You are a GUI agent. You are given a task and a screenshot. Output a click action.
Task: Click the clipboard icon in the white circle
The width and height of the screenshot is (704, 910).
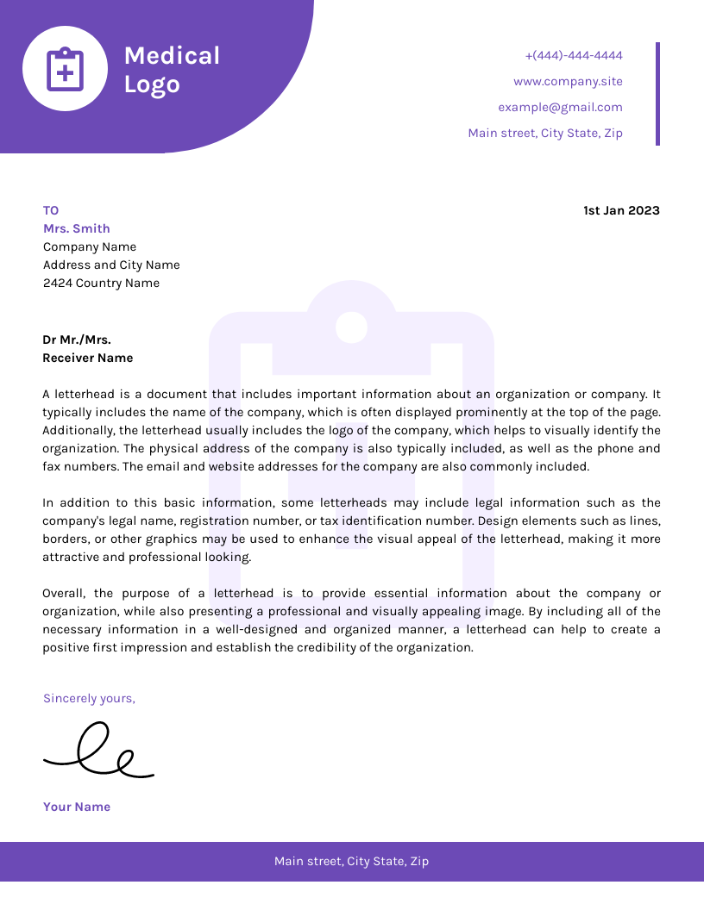pos(65,70)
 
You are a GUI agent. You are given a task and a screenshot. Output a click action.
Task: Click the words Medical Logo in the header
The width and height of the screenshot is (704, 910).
pos(172,70)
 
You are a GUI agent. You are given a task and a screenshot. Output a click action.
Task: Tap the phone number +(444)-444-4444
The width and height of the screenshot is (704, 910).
pos(573,56)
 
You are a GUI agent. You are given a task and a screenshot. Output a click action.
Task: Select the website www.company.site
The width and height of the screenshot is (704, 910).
pos(567,82)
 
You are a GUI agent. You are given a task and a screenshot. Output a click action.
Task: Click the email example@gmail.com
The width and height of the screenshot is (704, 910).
pos(559,108)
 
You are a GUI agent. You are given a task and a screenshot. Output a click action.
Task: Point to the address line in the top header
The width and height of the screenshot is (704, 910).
pos(544,134)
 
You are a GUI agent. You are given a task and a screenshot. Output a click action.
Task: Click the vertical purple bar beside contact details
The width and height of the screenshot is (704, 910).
pos(657,94)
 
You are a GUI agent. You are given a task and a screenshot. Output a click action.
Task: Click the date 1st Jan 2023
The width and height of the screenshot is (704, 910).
pos(621,211)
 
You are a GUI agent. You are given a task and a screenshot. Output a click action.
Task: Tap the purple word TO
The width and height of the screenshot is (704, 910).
pos(51,211)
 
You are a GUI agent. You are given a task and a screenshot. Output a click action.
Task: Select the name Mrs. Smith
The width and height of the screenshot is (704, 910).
pos(77,229)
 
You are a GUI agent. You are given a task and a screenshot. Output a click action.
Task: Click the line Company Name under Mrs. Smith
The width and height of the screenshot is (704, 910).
pos(90,247)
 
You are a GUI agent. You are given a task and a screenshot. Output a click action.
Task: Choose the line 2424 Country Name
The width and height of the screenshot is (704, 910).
pos(101,284)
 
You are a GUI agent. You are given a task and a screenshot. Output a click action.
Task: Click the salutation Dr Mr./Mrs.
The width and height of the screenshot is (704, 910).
pos(77,340)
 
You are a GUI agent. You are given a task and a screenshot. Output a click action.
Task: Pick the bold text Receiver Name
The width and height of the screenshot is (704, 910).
pos(88,358)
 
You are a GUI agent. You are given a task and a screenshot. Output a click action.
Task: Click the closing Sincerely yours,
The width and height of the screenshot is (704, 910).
pos(89,699)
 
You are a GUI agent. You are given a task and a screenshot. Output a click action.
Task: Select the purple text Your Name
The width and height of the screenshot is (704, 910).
pos(77,807)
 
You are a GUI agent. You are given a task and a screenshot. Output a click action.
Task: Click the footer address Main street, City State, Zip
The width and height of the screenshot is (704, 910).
pos(351,862)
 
